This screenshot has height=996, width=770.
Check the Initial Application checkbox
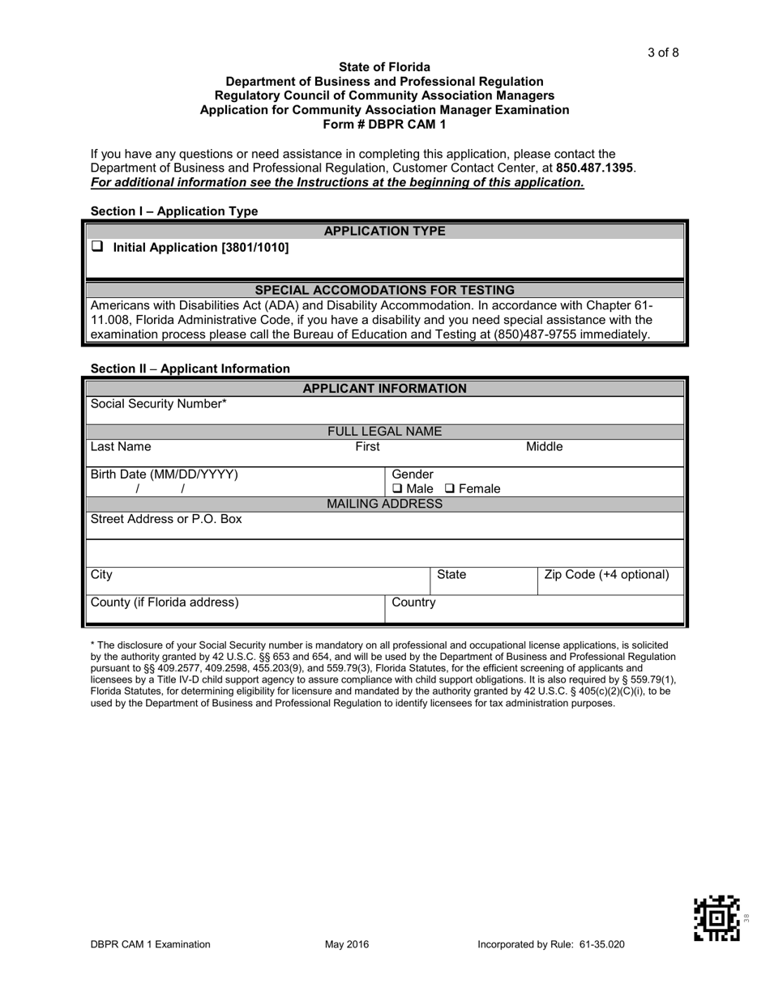point(96,246)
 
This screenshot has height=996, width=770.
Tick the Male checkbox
point(397,489)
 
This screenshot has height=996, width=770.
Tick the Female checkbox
point(450,489)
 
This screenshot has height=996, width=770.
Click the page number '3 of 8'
point(663,53)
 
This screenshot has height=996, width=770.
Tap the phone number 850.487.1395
point(596,168)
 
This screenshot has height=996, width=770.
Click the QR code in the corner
point(717,917)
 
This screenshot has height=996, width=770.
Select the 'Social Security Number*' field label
point(159,403)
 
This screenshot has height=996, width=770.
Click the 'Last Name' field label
point(121,446)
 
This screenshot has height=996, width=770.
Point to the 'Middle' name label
point(545,446)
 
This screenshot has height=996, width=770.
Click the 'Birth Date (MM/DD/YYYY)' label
point(165,474)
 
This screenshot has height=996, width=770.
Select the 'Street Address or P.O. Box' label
point(166,518)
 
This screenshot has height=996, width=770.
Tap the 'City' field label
point(102,574)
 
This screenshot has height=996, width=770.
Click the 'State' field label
point(451,574)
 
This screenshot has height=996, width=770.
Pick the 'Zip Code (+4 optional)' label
point(607,574)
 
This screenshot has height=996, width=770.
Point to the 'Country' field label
point(413,602)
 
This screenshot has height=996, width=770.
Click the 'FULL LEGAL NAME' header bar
point(384,432)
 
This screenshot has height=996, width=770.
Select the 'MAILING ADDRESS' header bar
point(384,504)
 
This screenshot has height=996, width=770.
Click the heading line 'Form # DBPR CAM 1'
point(384,124)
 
